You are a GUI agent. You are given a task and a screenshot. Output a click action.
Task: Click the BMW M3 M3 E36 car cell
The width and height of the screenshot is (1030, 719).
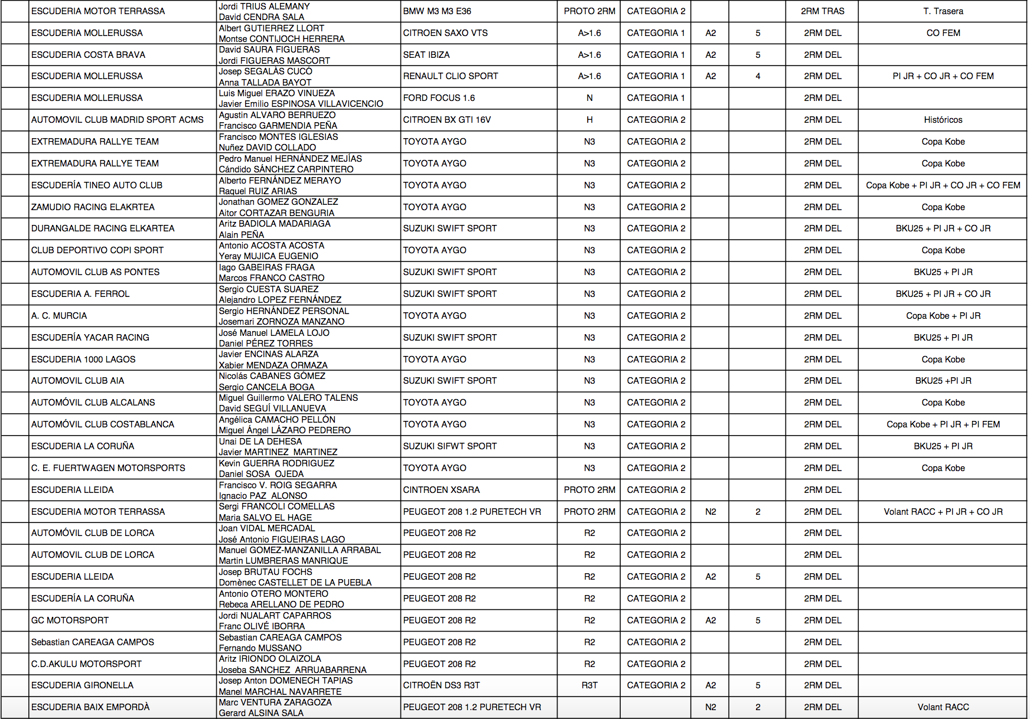point(437,11)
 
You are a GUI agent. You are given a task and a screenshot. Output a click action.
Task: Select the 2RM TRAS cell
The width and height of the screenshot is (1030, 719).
point(822,11)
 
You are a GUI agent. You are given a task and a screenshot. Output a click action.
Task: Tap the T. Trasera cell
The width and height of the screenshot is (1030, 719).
point(943,11)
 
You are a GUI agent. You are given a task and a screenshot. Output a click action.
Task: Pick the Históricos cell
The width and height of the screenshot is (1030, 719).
point(943,120)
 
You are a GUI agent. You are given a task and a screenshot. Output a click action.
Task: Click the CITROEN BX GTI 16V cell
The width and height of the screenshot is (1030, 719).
point(446,120)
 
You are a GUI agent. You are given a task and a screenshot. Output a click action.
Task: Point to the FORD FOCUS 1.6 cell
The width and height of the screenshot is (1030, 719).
point(439,98)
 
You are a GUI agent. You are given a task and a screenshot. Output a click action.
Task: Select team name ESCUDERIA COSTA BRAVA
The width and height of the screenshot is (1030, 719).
point(88,55)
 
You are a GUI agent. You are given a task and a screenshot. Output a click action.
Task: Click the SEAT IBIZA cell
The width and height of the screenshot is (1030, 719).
point(426,55)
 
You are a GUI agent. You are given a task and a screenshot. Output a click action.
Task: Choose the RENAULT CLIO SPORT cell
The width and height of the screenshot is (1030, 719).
point(450,76)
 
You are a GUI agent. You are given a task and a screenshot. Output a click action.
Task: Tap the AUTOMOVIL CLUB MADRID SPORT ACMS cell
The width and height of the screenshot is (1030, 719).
point(117,120)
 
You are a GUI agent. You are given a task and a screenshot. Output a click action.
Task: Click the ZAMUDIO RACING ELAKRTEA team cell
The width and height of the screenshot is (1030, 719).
point(93,207)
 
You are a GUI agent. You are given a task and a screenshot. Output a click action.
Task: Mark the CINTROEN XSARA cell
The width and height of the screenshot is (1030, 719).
point(441,490)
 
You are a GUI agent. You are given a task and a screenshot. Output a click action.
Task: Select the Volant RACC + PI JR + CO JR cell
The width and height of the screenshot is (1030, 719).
point(943,512)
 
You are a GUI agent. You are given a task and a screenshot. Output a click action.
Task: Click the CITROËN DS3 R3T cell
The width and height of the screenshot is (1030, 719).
point(441,685)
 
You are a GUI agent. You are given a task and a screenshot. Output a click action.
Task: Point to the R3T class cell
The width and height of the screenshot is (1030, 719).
point(589,685)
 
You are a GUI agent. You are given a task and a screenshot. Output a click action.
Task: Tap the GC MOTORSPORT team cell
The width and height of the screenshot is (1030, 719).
point(70,620)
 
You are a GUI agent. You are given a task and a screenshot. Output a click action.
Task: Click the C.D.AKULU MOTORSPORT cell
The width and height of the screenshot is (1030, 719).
point(86,664)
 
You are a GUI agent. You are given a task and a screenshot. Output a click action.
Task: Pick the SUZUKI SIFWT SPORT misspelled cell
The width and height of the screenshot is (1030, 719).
point(449,446)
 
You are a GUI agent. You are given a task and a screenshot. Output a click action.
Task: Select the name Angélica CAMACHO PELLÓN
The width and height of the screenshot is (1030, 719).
point(277,419)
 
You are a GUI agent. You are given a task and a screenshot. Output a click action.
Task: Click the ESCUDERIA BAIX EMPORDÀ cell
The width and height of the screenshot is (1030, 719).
point(90,707)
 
